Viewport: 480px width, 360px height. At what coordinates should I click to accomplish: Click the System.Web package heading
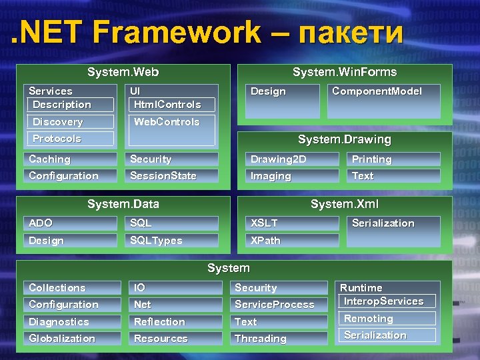123,72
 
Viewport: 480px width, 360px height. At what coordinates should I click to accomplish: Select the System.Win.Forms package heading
344,72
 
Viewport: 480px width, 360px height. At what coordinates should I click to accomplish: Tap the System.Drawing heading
344,139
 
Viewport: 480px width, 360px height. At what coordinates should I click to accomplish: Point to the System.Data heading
123,204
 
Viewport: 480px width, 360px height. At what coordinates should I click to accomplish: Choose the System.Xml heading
344,204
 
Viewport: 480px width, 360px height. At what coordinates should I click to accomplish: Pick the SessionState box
173,176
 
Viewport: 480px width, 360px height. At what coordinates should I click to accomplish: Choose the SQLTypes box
173,241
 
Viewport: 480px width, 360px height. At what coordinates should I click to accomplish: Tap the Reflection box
175,322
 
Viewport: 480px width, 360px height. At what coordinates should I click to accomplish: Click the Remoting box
387,319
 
